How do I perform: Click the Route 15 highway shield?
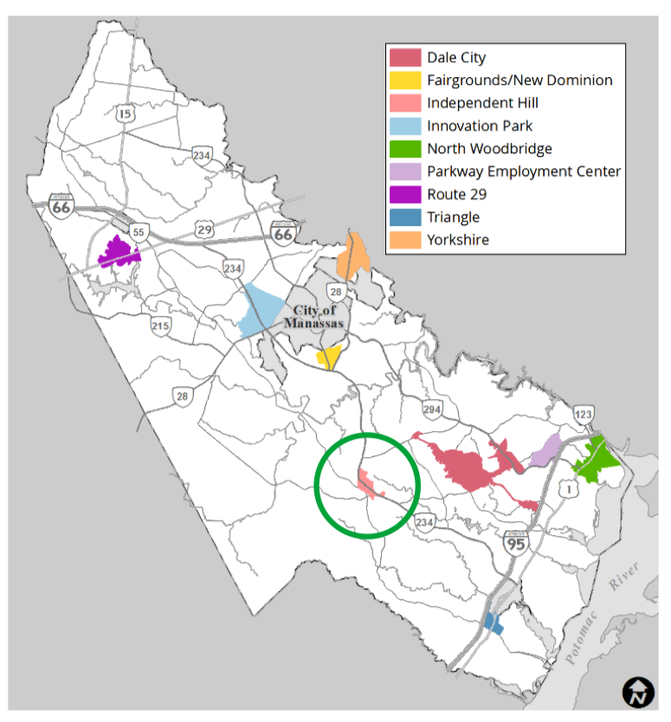click(x=126, y=113)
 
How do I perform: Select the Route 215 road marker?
click(x=160, y=326)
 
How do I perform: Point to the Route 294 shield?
click(x=431, y=409)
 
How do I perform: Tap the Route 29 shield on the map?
click(x=204, y=229)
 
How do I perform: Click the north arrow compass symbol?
click(x=638, y=692)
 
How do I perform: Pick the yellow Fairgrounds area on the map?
click(x=328, y=357)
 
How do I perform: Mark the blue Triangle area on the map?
click(x=493, y=622)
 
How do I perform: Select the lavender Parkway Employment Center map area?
click(x=545, y=450)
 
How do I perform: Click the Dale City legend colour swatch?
click(x=404, y=58)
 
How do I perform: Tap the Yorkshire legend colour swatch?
click(x=404, y=240)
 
